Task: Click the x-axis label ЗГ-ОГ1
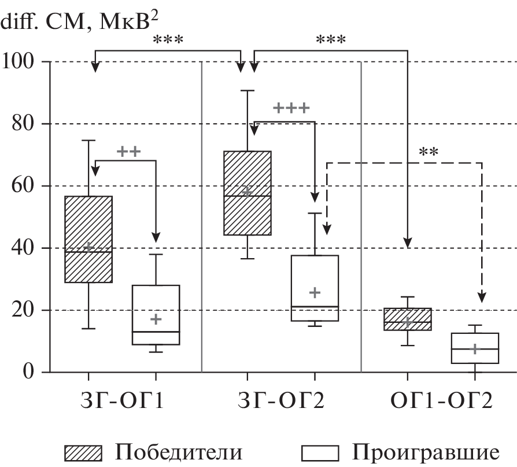[121, 400]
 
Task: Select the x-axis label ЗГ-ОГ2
[281, 400]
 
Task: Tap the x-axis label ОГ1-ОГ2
[441, 400]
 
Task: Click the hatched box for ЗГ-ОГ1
[88, 239]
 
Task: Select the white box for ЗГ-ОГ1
[156, 315]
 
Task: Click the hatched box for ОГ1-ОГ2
[408, 319]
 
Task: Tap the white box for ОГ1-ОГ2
[475, 348]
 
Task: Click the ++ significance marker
[128, 152]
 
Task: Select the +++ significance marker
[291, 108]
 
